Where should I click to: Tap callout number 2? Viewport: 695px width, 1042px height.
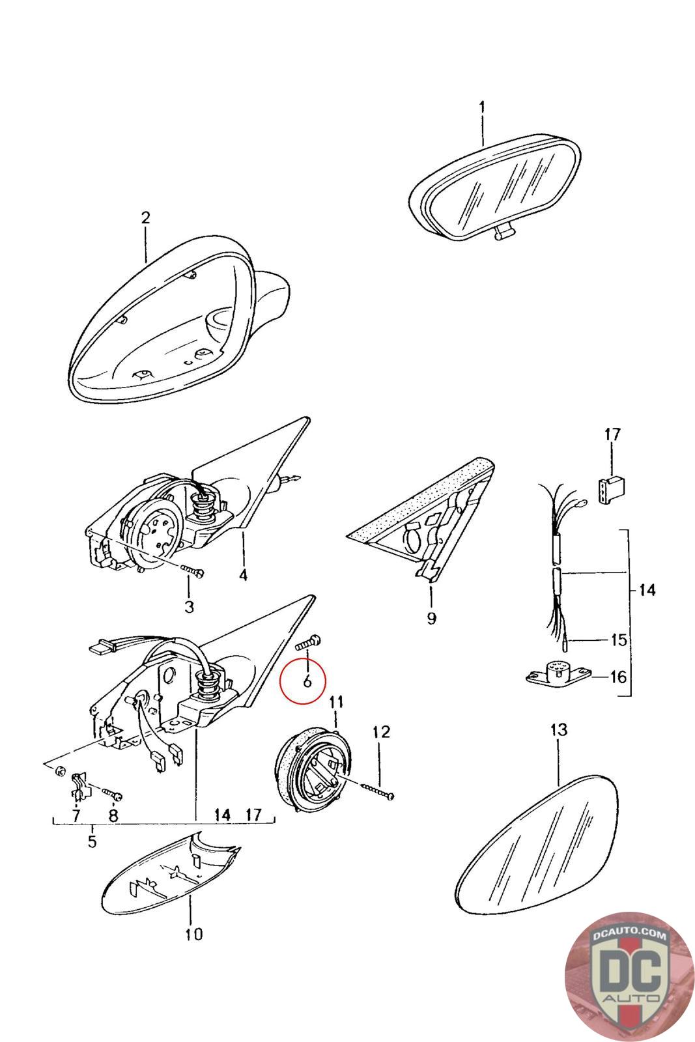pyautogui.click(x=145, y=218)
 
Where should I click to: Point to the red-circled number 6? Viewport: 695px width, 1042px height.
pyautogui.click(x=307, y=681)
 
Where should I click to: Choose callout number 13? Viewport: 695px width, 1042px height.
pyautogui.click(x=559, y=729)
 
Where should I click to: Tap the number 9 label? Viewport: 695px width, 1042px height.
pyautogui.click(x=431, y=617)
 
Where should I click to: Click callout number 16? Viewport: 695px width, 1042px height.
pyautogui.click(x=617, y=677)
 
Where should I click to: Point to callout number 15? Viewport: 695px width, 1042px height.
pyautogui.click(x=617, y=640)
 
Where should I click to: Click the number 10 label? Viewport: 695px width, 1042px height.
pyautogui.click(x=193, y=934)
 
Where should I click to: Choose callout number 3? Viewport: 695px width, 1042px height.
pyautogui.click(x=189, y=607)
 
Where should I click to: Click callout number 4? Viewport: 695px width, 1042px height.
pyautogui.click(x=243, y=575)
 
